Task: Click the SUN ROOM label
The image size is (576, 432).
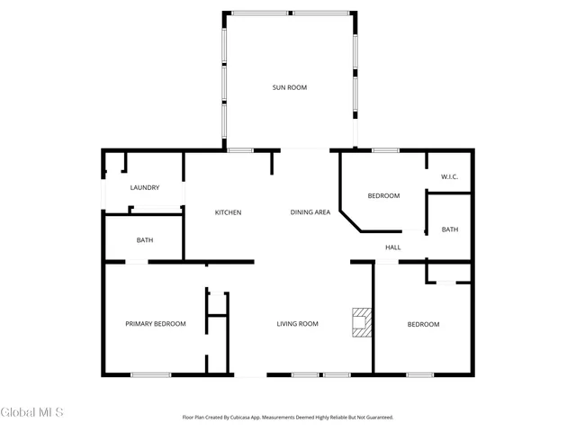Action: (x=290, y=87)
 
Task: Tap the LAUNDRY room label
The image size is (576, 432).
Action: (x=145, y=188)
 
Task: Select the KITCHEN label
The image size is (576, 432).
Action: (x=228, y=212)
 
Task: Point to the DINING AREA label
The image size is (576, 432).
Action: (x=310, y=212)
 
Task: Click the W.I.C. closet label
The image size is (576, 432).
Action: (x=450, y=176)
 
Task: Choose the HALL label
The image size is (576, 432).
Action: (x=393, y=247)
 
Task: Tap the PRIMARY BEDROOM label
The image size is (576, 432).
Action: (x=156, y=324)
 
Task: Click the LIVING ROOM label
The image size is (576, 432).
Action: (x=297, y=324)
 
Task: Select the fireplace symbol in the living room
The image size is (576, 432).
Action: (x=361, y=323)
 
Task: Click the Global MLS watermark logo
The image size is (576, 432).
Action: (x=32, y=412)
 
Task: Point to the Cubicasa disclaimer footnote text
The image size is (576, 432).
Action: (x=289, y=418)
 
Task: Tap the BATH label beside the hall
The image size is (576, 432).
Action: (x=450, y=229)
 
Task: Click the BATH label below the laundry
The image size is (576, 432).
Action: (x=145, y=240)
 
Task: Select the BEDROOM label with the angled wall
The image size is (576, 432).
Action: (x=383, y=195)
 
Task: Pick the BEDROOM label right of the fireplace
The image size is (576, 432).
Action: (x=423, y=324)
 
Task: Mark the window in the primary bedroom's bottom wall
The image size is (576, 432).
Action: (x=151, y=374)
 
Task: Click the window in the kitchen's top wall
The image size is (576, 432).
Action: (x=240, y=149)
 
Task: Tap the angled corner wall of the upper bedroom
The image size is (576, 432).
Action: (x=351, y=218)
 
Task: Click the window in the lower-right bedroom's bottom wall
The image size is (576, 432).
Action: (x=419, y=374)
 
